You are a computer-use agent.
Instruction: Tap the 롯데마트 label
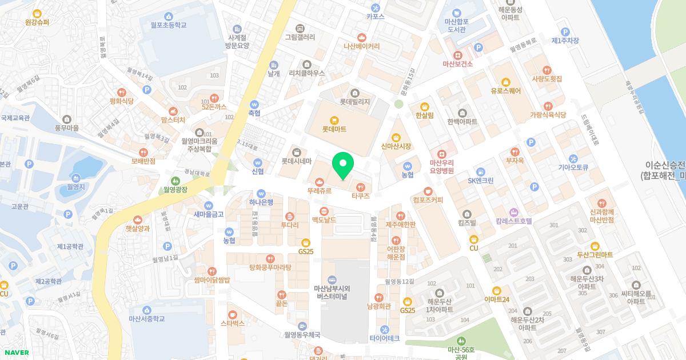click(x=334, y=130)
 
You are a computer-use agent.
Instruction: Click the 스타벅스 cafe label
click(x=232, y=323)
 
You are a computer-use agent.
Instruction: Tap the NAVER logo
click(x=15, y=353)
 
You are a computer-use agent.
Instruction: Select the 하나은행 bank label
click(x=262, y=202)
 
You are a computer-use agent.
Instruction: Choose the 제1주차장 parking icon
click(x=565, y=32)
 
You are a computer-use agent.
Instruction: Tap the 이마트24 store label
click(x=496, y=299)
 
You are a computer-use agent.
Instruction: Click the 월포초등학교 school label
click(x=169, y=25)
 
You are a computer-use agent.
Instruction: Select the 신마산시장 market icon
click(x=396, y=138)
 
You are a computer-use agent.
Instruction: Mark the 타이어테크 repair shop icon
click(x=384, y=330)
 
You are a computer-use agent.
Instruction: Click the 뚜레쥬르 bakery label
click(x=319, y=191)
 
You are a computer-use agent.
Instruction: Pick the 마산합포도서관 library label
click(x=457, y=25)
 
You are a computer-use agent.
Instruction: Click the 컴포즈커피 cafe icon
click(x=428, y=191)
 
